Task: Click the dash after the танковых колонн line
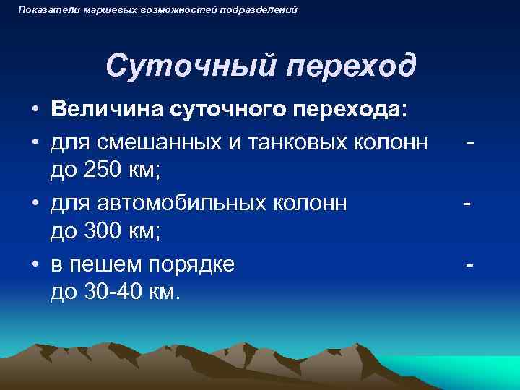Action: click(470, 141)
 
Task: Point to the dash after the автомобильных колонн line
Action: click(467, 203)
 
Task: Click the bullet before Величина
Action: click(35, 110)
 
